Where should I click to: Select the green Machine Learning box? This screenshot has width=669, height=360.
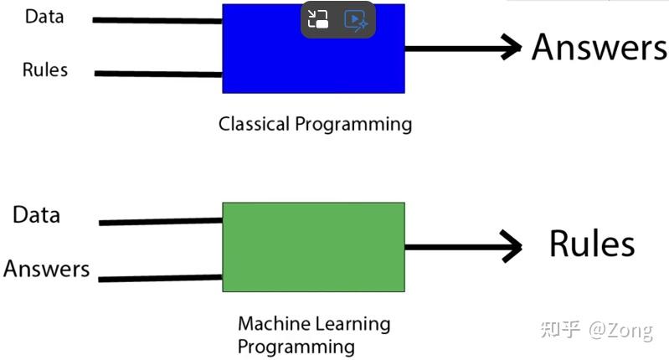(313, 247)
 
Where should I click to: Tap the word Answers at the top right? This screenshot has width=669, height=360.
(599, 47)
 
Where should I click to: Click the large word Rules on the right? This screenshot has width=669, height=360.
(591, 244)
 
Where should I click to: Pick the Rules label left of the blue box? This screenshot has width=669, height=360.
(45, 69)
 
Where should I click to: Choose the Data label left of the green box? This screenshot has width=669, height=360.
(36, 215)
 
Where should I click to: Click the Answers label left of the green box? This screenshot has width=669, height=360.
(46, 269)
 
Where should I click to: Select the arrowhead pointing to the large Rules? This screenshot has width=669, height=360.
(509, 246)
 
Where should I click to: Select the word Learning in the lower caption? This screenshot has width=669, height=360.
(350, 324)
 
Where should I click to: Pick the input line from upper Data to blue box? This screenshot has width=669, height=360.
(157, 20)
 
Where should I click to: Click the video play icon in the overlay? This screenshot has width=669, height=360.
(356, 20)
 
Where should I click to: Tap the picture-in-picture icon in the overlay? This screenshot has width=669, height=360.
(318, 20)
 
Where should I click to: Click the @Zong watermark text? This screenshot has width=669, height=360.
(620, 330)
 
